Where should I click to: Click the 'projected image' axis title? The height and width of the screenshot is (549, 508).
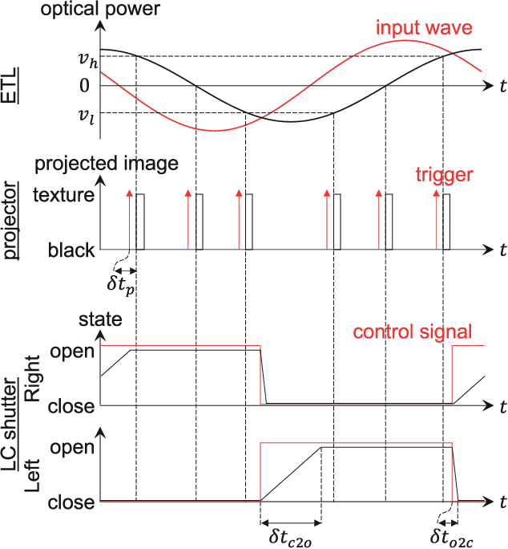(106, 165)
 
